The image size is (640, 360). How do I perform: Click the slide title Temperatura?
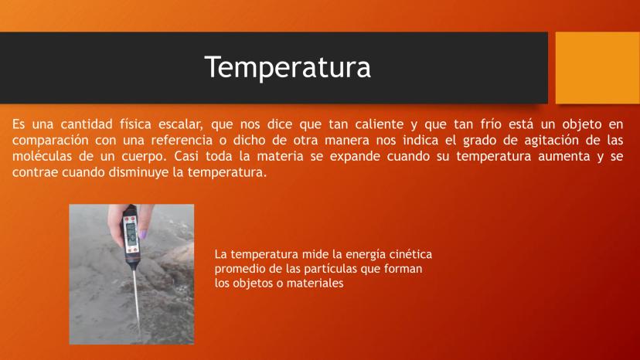coord(288,67)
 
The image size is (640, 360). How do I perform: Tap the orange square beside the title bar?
coord(597,68)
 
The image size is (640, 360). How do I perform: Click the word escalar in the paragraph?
coord(181,124)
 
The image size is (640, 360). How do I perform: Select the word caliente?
coord(379,124)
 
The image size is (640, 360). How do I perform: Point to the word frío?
coord(491,124)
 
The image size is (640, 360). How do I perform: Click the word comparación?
coord(50,141)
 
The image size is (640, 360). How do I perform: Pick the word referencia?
coord(182,140)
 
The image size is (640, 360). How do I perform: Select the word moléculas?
coord(42,156)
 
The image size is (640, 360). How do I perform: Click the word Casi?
coord(186,156)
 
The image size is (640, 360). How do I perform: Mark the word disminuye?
coord(137,172)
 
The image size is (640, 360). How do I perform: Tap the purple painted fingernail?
coord(143,235)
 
